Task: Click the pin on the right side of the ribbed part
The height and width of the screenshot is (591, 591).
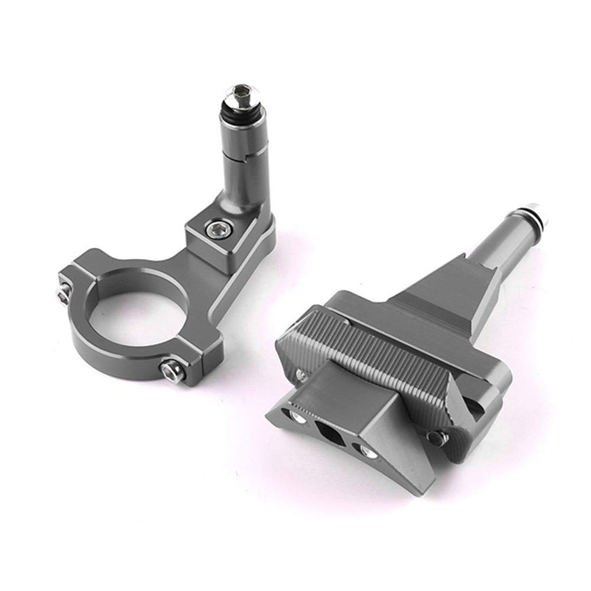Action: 438,436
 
